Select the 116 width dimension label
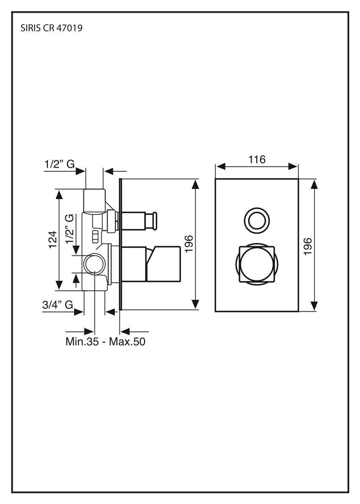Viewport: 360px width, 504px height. tap(257, 160)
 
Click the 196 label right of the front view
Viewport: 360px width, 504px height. tap(308, 246)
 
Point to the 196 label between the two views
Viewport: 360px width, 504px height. tap(189, 244)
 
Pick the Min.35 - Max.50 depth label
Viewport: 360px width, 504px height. tap(105, 341)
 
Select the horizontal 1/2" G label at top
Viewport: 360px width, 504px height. tap(59, 163)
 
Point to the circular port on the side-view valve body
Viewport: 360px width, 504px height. tap(93, 265)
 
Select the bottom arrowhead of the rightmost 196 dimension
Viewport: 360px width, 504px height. tap(314, 306)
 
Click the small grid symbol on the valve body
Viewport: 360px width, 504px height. tap(95, 235)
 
